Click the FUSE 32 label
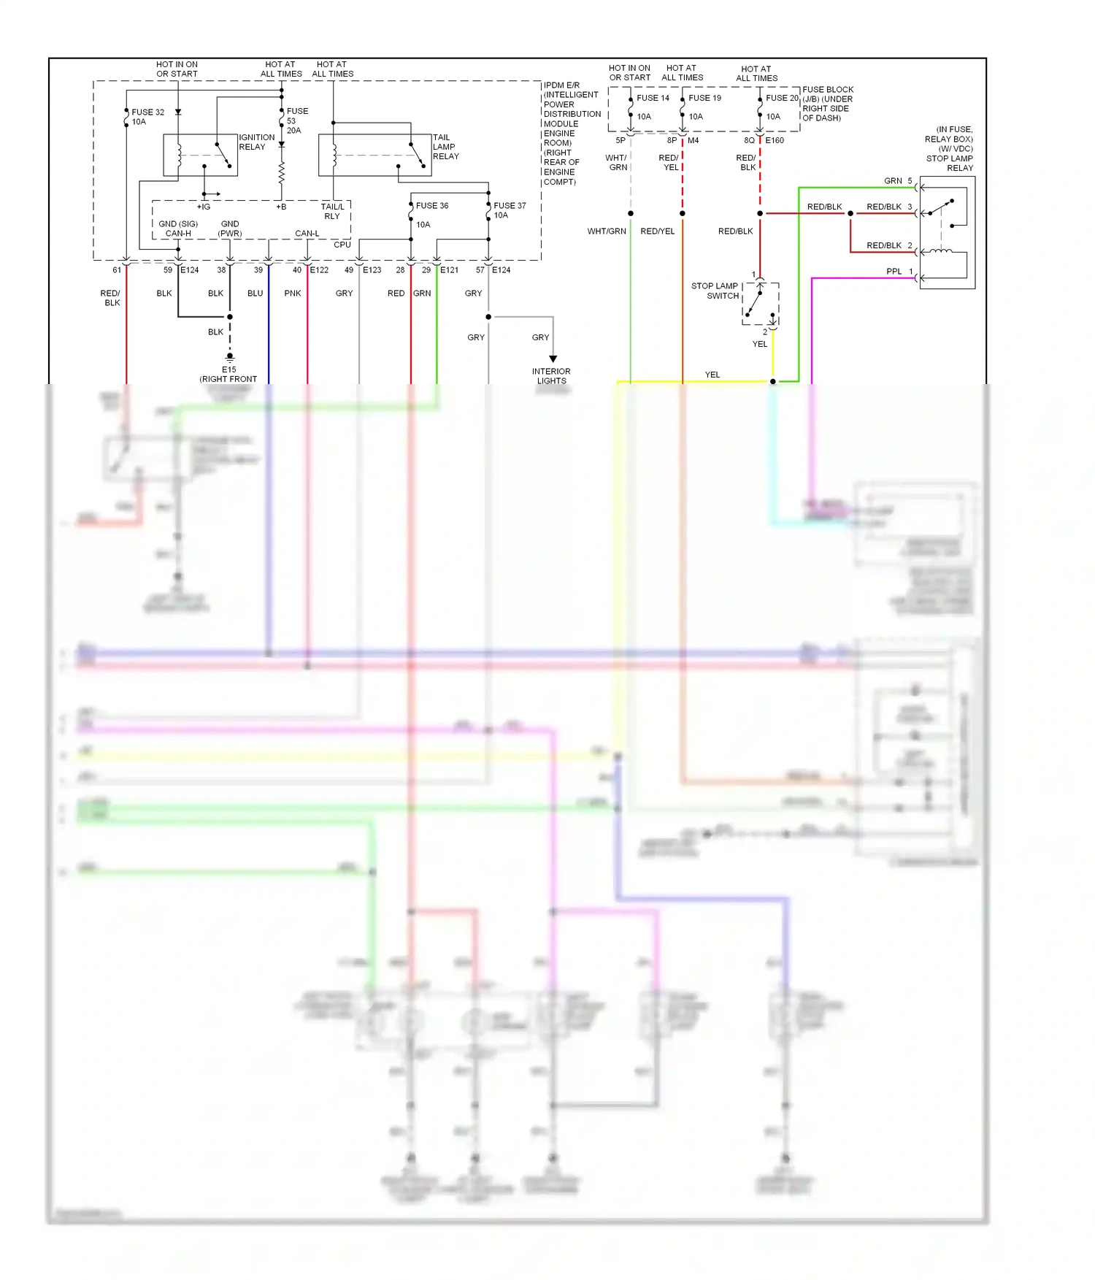147,112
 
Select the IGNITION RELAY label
257,142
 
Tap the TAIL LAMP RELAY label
445,147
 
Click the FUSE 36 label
432,206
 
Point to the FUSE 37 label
510,206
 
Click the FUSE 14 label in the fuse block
653,98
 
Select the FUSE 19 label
704,98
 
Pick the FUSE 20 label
782,98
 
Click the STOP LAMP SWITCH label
715,291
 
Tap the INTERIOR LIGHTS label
551,376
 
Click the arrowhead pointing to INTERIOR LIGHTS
553,359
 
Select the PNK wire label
293,294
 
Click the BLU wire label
255,294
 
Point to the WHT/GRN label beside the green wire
607,231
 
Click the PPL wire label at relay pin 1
894,272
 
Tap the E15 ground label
229,370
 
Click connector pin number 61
117,270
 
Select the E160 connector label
775,140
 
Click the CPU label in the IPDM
342,245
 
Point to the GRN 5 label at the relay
897,181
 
